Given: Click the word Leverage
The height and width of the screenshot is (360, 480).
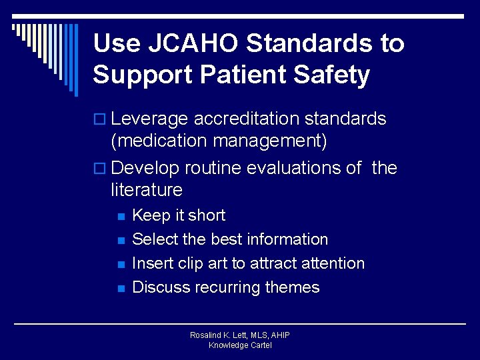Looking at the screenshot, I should (x=150, y=119).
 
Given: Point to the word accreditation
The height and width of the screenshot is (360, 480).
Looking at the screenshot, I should (x=247, y=119).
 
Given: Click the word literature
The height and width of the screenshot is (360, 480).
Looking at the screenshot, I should (x=147, y=190).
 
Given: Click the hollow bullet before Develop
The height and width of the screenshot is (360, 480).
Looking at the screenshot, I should (x=101, y=169).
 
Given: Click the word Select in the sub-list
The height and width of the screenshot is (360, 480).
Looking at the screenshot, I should (x=153, y=239).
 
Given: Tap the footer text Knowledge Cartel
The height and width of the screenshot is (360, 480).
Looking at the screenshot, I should (x=240, y=345).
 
